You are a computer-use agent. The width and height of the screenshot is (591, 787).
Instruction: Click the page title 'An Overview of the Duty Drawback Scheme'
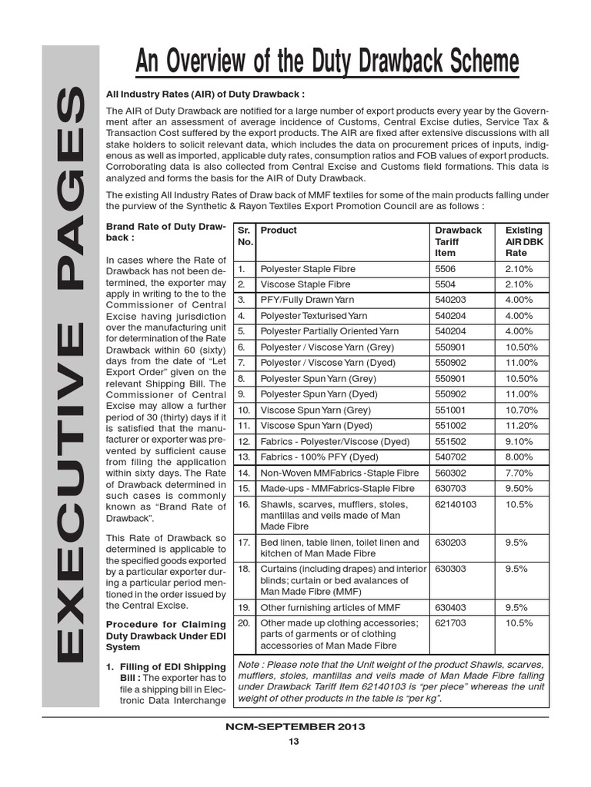click(x=327, y=62)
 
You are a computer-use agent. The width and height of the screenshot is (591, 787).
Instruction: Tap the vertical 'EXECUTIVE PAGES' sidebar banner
click(x=70, y=375)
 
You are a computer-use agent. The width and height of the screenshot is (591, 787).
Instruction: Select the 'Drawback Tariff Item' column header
click(x=458, y=241)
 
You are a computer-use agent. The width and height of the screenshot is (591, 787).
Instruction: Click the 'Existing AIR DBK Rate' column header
click(x=523, y=241)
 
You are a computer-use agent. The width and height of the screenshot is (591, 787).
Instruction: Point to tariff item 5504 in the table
click(x=446, y=284)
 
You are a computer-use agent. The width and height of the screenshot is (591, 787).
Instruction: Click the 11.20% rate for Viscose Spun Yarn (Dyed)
click(x=521, y=425)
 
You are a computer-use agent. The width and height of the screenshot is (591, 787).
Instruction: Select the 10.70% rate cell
click(x=521, y=410)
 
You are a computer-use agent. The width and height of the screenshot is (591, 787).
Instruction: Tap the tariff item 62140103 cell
click(x=456, y=504)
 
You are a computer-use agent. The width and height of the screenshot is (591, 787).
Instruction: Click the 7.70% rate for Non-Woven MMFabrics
click(x=518, y=473)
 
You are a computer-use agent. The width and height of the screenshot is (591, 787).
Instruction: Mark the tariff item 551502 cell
click(x=450, y=441)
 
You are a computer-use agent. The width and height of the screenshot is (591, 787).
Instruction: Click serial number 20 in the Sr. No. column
click(x=244, y=623)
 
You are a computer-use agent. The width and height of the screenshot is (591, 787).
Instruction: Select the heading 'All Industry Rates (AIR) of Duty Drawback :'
click(x=205, y=94)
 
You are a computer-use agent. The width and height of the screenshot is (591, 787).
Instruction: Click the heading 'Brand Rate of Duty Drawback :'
click(x=165, y=233)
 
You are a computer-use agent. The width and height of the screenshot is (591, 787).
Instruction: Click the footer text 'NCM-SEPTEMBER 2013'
click(x=295, y=726)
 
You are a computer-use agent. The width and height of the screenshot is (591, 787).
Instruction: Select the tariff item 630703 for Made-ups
click(x=450, y=488)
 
